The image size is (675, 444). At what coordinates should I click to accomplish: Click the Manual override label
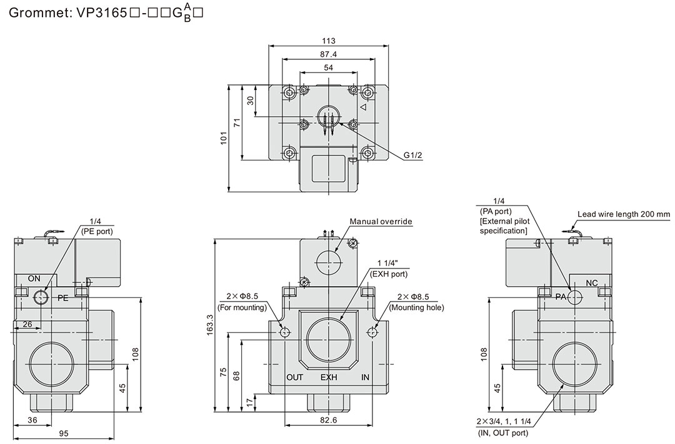point(381,221)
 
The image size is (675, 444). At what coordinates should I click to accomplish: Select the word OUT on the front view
point(294,378)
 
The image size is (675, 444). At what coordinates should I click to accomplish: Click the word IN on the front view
point(366,378)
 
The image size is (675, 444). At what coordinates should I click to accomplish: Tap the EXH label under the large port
point(329,378)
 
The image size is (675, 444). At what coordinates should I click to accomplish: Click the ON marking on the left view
point(34,278)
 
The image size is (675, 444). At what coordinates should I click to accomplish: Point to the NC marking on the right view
point(592,284)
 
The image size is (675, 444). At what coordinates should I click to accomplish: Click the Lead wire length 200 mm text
point(623,214)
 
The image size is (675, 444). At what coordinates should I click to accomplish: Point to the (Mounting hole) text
point(416,307)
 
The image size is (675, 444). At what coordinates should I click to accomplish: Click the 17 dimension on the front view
point(249,402)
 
